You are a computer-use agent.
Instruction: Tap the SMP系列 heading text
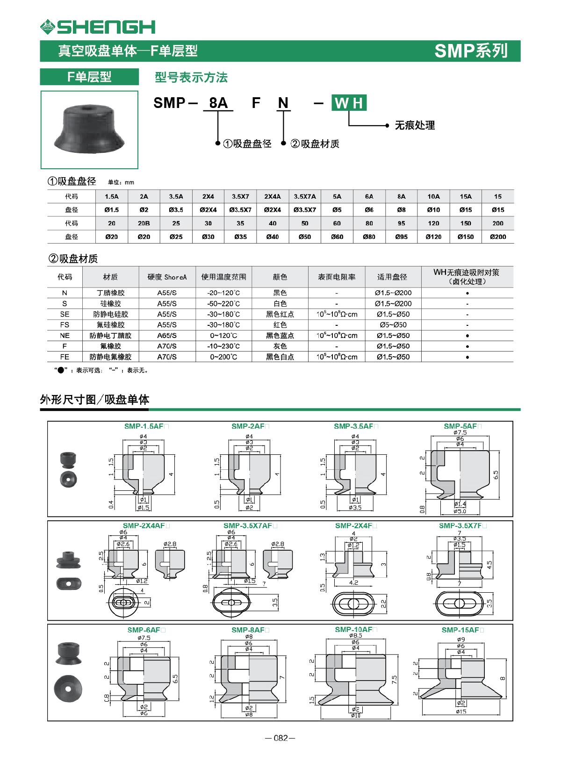pos(470,50)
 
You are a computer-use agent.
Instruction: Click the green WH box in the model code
pos(349,103)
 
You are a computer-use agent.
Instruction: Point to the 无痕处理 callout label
pos(415,125)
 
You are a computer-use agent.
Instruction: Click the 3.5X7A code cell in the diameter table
pos(305,196)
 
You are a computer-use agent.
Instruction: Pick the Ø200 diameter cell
pos(498,237)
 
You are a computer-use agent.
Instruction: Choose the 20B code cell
pos(144,223)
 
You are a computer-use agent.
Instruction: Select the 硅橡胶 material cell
pos(110,303)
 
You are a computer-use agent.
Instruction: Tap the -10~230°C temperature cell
pos(223,346)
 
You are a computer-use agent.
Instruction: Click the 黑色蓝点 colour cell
pos(280,336)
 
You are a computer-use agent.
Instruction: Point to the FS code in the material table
pos(65,325)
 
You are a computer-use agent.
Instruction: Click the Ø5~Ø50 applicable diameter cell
pos(392,325)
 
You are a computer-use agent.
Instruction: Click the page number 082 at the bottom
pos(280,738)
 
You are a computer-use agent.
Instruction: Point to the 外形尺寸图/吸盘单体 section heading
pos(94,400)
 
